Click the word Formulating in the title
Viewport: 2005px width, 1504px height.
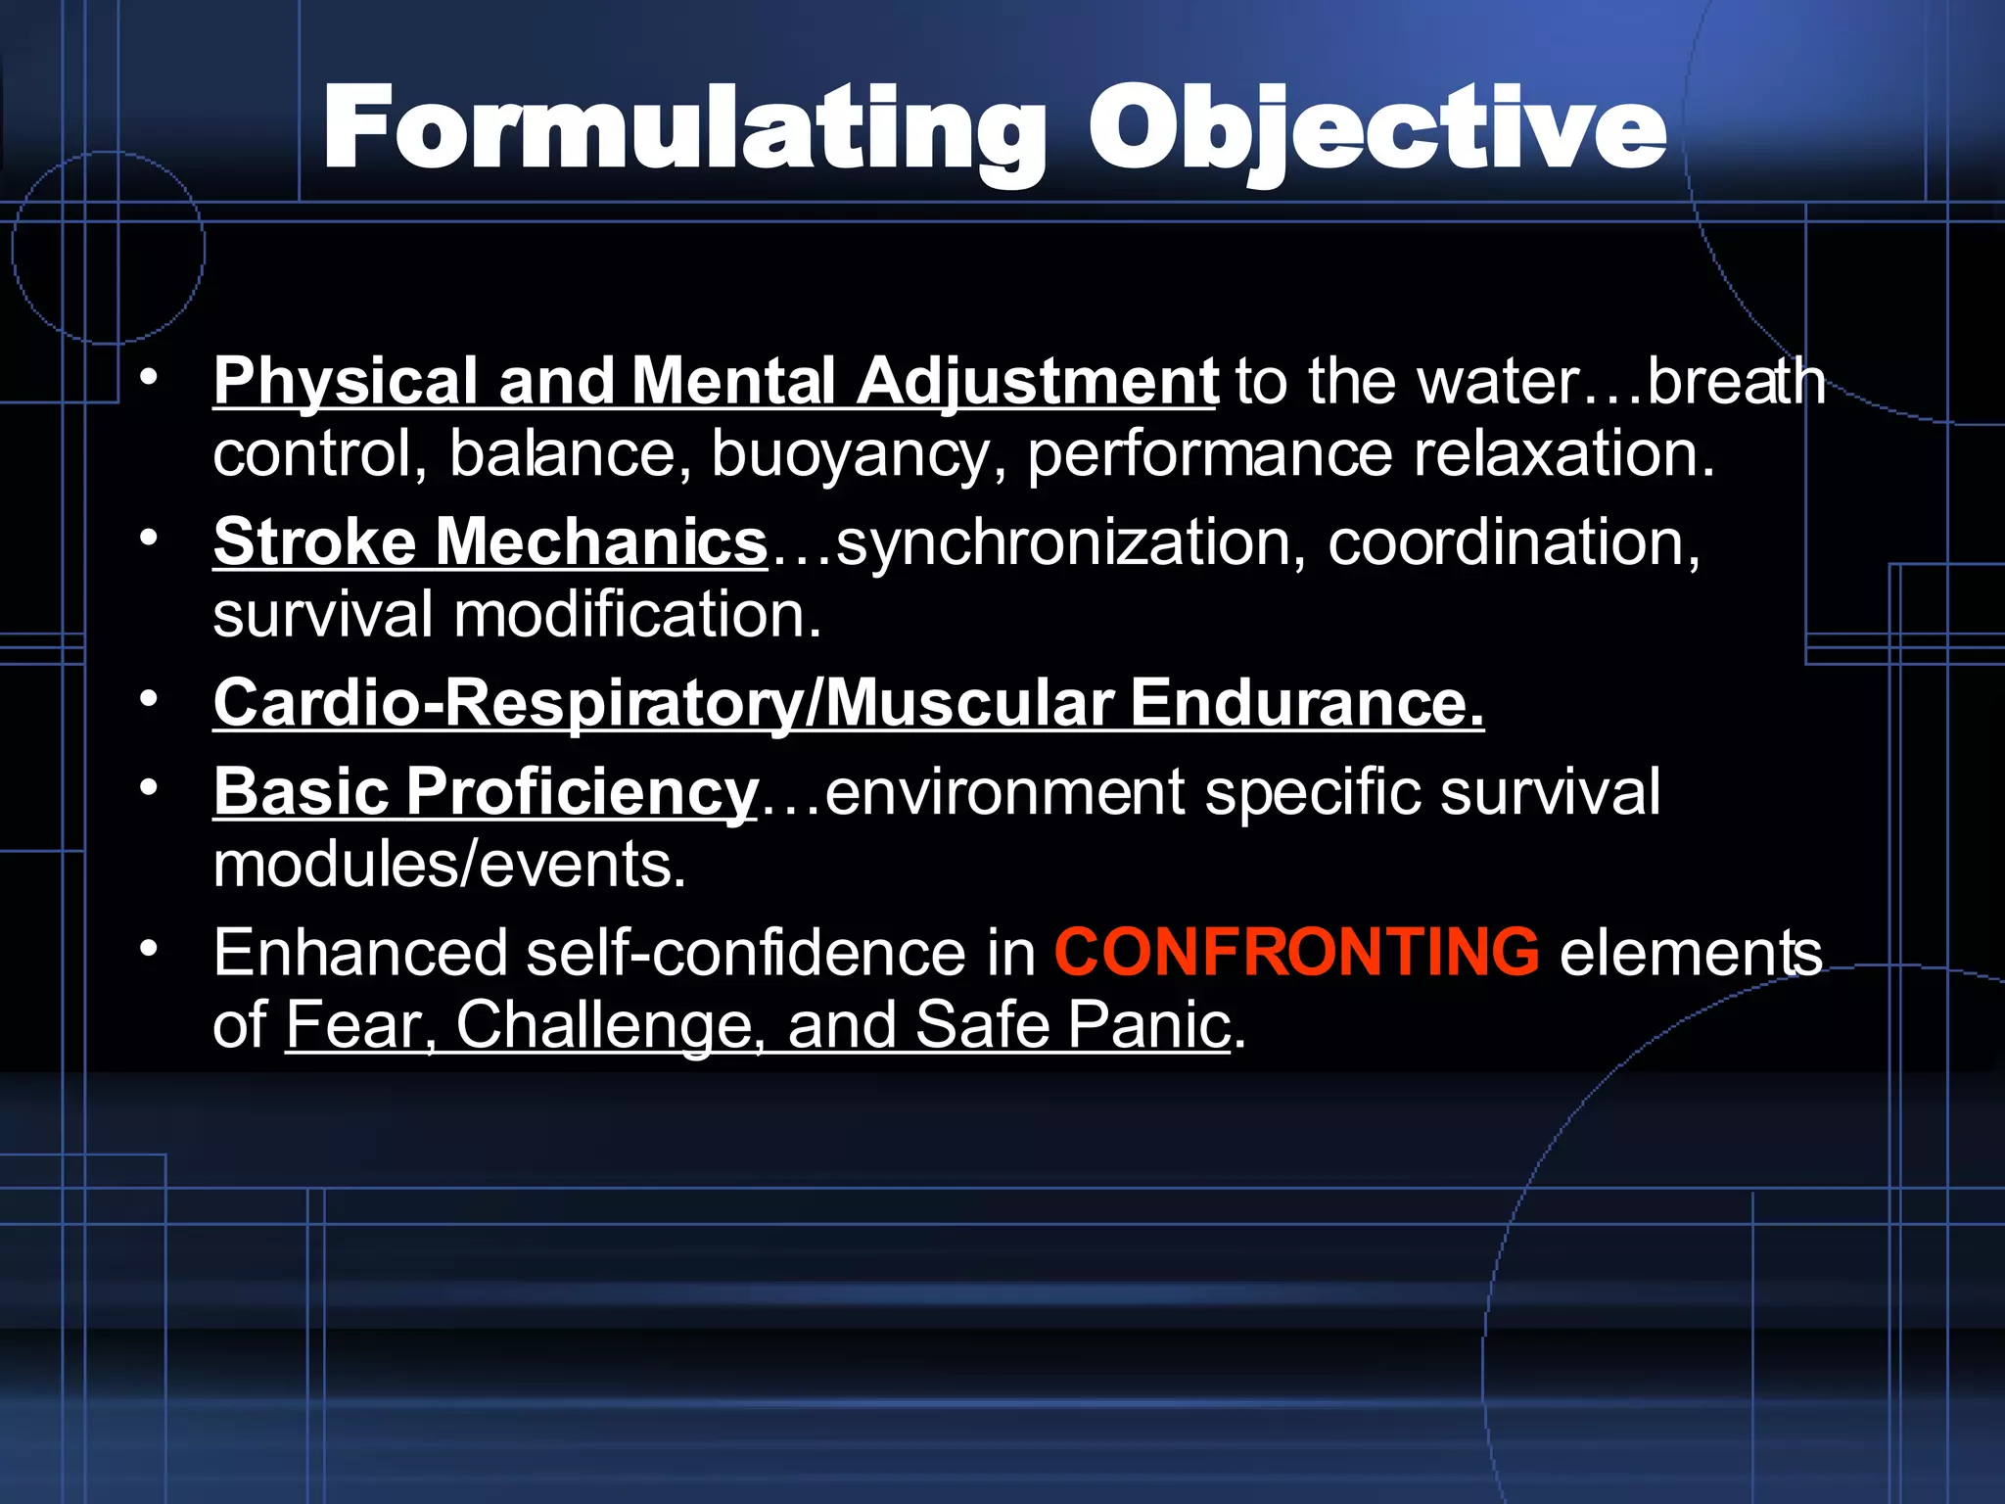click(x=684, y=130)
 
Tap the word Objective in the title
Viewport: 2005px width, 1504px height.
click(x=1376, y=130)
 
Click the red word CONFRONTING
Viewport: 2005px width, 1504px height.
click(x=1296, y=952)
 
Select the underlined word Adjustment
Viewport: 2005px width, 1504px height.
click(x=1038, y=381)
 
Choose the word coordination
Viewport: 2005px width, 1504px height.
click(x=1514, y=542)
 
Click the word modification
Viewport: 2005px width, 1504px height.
click(x=636, y=615)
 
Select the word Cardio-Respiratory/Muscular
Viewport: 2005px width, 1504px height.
click(x=663, y=703)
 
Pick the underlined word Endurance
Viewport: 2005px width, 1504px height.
click(x=1307, y=703)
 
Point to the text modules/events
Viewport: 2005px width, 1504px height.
click(x=449, y=865)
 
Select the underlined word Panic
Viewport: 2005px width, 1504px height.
click(x=1147, y=1025)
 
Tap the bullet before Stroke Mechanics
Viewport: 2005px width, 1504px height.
click(x=148, y=538)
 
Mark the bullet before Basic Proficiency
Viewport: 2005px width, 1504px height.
click(x=148, y=787)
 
